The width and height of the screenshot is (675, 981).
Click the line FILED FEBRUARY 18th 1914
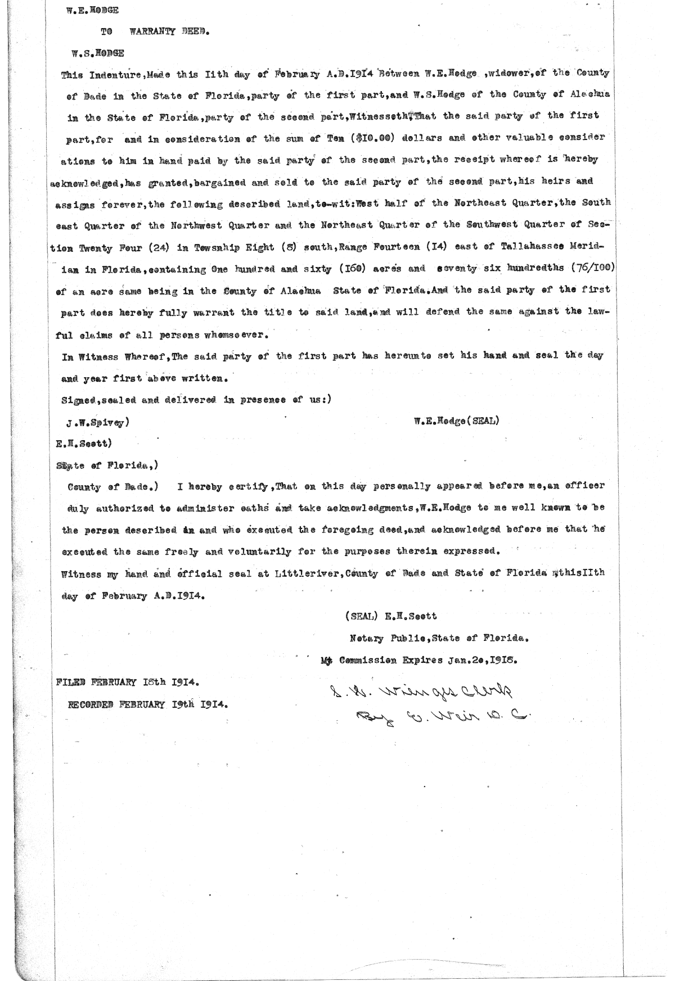click(x=127, y=682)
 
